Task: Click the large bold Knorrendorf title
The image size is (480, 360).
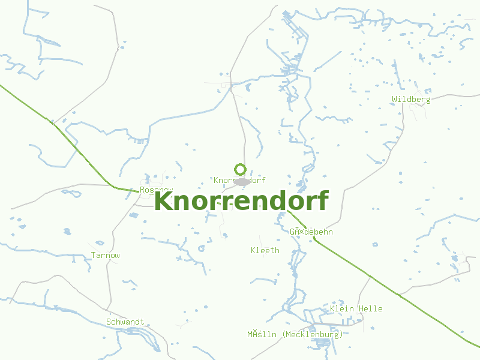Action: [241, 201]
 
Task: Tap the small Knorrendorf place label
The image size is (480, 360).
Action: [239, 180]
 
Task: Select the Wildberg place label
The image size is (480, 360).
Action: [411, 100]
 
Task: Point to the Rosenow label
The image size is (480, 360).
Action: [155, 190]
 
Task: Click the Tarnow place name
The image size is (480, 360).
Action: [106, 256]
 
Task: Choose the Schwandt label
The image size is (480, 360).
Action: [125, 322]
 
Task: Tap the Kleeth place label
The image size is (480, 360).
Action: [265, 250]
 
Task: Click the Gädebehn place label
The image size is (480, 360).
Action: [311, 232]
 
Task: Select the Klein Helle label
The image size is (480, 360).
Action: [356, 309]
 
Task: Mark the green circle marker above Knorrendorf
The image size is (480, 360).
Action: [241, 169]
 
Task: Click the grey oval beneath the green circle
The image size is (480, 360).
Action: [242, 181]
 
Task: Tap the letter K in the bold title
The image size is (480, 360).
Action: [164, 201]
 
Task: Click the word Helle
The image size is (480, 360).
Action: [371, 309]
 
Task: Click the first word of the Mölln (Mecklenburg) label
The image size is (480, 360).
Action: [262, 335]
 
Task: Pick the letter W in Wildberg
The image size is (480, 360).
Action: [395, 100]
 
